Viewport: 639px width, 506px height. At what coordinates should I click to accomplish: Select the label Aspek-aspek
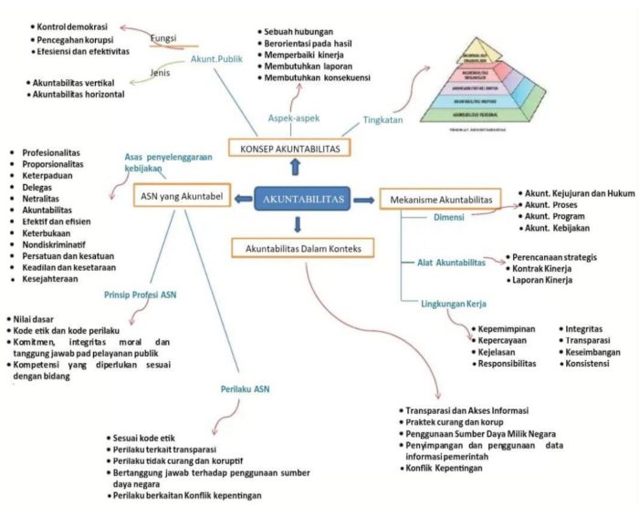click(293, 119)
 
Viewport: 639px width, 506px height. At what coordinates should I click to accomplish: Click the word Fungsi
click(162, 38)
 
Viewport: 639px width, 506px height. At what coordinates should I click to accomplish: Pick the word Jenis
click(162, 73)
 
